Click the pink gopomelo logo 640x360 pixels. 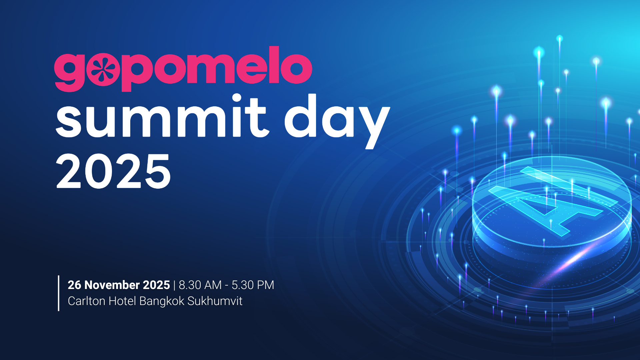click(x=183, y=69)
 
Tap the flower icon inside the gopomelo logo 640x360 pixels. click(x=103, y=69)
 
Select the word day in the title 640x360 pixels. click(x=337, y=121)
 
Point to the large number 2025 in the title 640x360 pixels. click(x=113, y=171)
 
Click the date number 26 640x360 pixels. click(x=74, y=285)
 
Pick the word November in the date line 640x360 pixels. click(x=112, y=285)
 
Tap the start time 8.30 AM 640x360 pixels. click(x=200, y=285)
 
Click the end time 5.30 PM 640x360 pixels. click(x=253, y=285)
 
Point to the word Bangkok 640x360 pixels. click(x=162, y=301)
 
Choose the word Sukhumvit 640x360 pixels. click(x=215, y=301)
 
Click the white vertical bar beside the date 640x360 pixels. click(x=59, y=293)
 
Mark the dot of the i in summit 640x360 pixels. click(x=237, y=98)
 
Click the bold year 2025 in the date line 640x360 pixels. click(x=156, y=285)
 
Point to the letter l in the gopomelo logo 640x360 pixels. click(x=274, y=65)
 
